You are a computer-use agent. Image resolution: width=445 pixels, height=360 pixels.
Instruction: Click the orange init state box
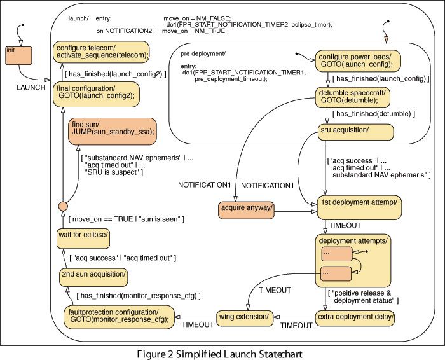18,55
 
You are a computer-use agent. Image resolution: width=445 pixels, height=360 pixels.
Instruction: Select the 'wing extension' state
243,316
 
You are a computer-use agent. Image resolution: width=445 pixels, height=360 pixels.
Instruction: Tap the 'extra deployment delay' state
356,316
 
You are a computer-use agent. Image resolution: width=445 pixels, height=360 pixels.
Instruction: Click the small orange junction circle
63,206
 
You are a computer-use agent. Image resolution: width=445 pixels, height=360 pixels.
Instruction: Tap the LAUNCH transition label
31,87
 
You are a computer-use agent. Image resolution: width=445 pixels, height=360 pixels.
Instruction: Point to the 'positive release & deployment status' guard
365,296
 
